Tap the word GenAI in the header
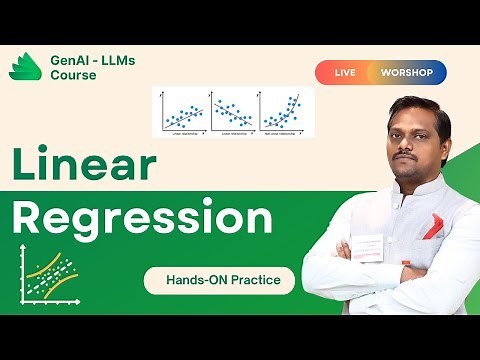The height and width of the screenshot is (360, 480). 71,60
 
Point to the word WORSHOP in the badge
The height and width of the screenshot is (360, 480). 407,73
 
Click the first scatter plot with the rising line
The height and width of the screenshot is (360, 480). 181,112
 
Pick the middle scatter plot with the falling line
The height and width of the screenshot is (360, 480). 232,112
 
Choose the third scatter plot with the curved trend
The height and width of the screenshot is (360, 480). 284,112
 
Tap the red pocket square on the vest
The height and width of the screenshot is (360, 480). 432,226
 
